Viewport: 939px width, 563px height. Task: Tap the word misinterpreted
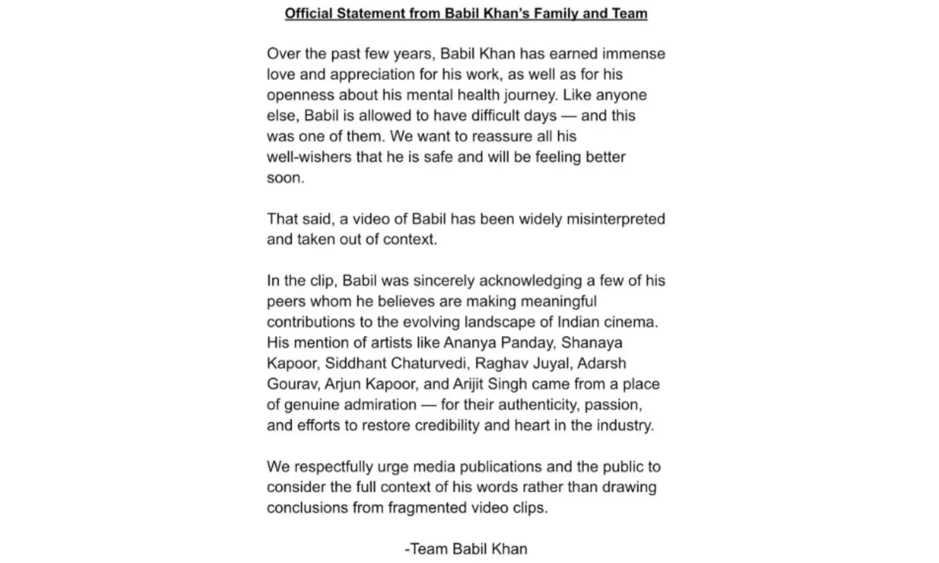point(615,219)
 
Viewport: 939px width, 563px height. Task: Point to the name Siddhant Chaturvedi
point(396,363)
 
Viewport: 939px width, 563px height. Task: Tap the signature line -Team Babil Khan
point(466,549)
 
